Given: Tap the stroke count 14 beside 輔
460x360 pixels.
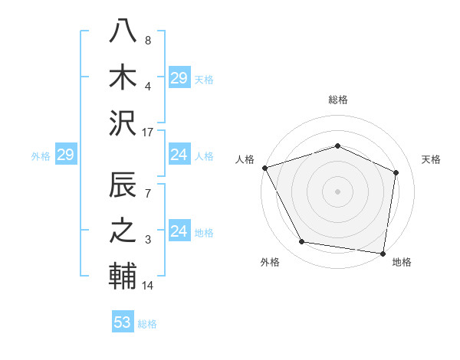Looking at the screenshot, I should [148, 286].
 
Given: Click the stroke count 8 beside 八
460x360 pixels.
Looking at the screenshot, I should [147, 40].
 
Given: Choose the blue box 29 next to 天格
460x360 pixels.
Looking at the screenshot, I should [179, 78].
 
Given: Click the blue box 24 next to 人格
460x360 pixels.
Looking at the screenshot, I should [179, 155].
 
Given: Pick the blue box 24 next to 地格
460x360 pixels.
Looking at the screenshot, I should [179, 232].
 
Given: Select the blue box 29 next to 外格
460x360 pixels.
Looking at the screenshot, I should [65, 155].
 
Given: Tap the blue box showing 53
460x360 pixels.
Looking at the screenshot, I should [123, 322].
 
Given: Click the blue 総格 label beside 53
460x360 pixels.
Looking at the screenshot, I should [147, 324].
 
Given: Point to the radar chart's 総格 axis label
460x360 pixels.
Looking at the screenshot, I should [337, 100].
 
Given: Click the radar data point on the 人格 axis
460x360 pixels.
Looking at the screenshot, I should [264, 168].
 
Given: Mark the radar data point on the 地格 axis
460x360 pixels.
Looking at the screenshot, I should [383, 253].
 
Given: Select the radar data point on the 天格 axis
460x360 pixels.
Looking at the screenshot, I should [396, 172].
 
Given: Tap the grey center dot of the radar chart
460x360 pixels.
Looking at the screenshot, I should [337, 191].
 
